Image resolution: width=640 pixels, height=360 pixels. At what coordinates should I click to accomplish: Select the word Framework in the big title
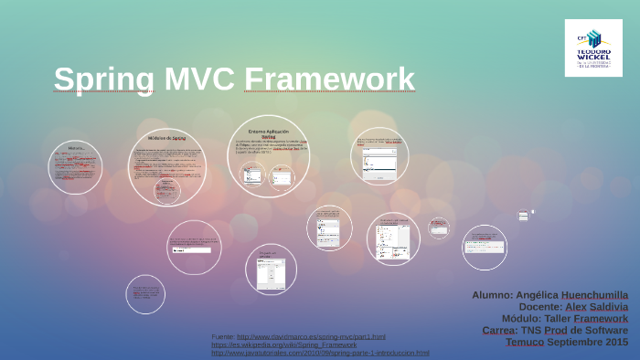pyautogui.click(x=330, y=79)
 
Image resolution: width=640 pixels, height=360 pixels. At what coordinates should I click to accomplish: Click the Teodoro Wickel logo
pyautogui.click(x=593, y=48)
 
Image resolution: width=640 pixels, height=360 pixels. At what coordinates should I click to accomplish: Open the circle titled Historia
pyautogui.click(x=75, y=166)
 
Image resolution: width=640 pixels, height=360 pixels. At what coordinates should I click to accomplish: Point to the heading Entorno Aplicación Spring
pyautogui.click(x=268, y=133)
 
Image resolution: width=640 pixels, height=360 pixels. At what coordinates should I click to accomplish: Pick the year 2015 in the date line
pyautogui.click(x=614, y=343)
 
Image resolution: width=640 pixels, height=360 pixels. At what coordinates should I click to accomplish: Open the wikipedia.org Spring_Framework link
pyautogui.click(x=284, y=345)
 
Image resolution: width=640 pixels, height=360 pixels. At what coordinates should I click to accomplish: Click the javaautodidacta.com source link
pyautogui.click(x=320, y=354)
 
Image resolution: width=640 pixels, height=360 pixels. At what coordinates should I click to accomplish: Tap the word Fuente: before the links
pyautogui.click(x=222, y=337)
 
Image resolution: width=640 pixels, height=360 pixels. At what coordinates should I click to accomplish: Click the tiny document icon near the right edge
pyautogui.click(x=524, y=216)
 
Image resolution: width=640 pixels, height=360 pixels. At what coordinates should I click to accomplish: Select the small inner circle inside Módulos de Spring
pyautogui.click(x=166, y=190)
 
